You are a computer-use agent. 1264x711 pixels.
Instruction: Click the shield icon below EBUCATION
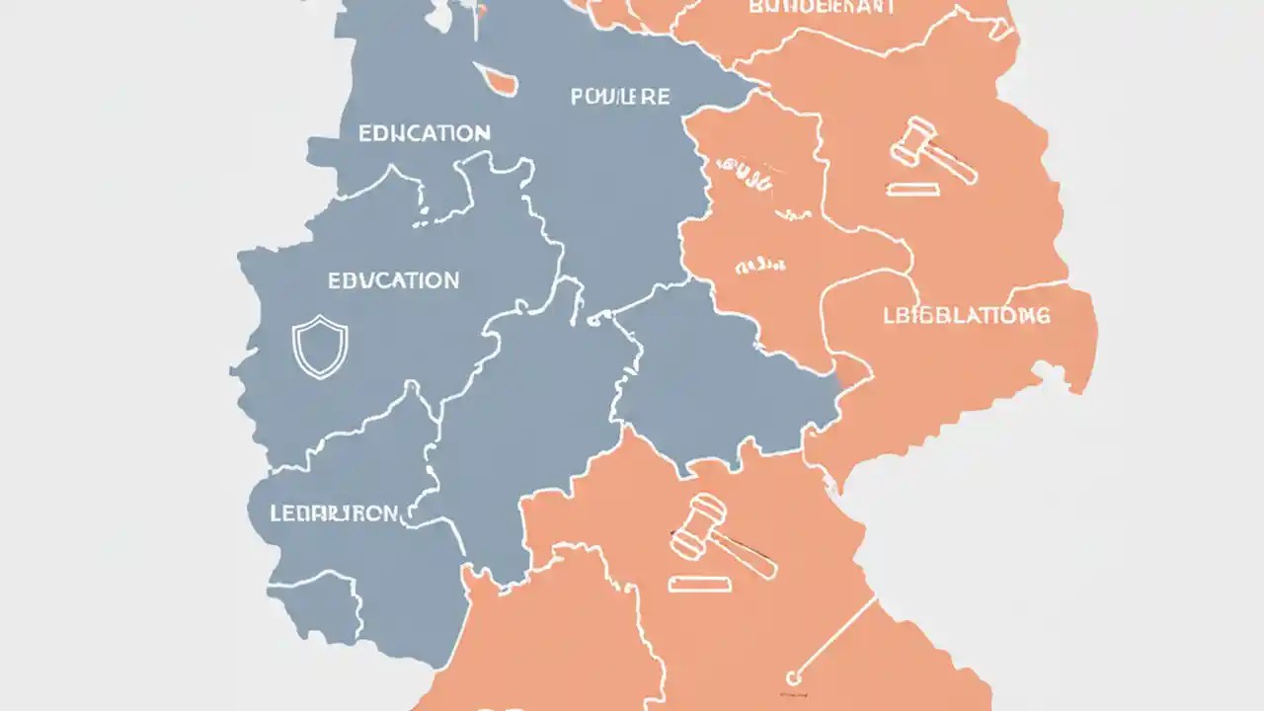[320, 347]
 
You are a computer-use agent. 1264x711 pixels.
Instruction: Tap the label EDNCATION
[424, 132]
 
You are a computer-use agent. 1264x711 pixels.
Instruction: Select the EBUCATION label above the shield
[393, 280]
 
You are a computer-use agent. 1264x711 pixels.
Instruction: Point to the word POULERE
[620, 97]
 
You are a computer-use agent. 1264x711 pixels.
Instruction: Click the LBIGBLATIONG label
[965, 316]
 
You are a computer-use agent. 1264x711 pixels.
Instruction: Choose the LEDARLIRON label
[334, 513]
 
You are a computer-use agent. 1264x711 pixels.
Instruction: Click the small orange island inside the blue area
[498, 79]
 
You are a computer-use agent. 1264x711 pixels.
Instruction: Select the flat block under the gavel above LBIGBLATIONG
[911, 189]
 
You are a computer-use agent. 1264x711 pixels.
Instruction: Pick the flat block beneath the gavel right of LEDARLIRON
[700, 585]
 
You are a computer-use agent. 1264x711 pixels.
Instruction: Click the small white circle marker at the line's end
[792, 677]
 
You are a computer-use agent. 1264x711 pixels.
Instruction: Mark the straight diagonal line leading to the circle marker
[835, 636]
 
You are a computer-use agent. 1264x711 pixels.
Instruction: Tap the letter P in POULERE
[577, 98]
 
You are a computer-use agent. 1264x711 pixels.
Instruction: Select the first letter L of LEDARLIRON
[275, 513]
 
